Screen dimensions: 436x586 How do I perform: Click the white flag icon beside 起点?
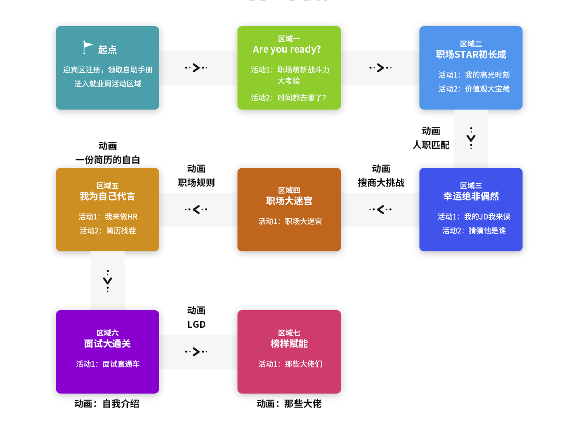88,47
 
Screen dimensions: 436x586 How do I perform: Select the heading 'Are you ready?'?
287,49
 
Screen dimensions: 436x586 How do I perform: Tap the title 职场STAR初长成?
471,55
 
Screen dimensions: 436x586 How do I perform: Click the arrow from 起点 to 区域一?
196,68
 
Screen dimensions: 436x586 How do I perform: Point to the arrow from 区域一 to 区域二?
380,68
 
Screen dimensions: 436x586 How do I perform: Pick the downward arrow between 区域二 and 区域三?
471,138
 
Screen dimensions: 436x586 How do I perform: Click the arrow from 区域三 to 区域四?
380,209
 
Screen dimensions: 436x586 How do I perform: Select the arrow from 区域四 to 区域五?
196,209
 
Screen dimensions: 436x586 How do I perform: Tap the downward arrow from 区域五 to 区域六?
107,281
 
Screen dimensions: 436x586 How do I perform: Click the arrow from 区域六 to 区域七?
196,352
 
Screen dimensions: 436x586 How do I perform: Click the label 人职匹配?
431,145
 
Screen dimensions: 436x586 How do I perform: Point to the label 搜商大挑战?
381,183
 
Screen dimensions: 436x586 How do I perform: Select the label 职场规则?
196,183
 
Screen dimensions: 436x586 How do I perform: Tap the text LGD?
196,325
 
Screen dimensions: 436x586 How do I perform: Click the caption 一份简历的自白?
107,160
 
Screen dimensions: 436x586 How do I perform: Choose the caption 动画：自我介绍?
107,404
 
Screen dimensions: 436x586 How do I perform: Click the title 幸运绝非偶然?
471,196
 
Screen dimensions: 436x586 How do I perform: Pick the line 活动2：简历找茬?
107,230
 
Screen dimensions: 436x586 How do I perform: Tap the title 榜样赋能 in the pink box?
289,344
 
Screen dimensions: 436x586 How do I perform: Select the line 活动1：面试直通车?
107,364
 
